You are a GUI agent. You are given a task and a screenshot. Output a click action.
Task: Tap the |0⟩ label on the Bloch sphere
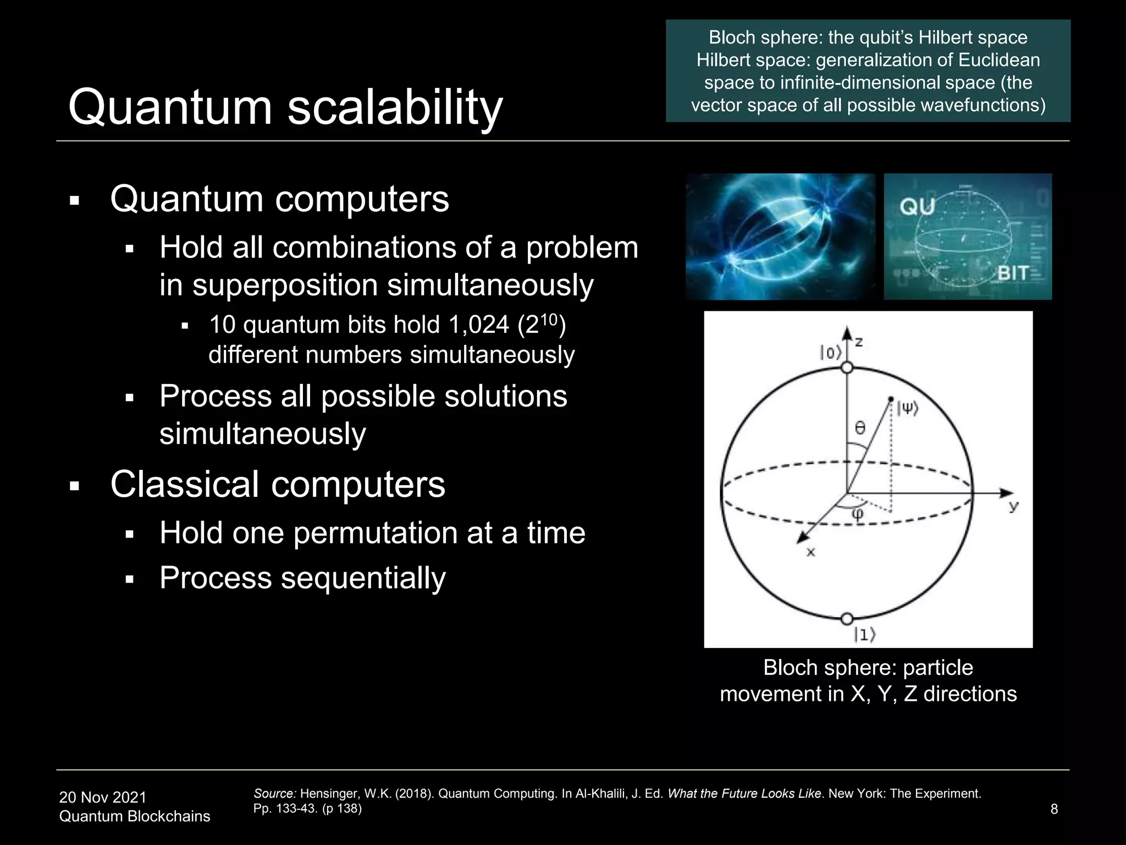(830, 353)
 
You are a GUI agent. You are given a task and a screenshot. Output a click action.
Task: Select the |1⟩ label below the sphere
(864, 635)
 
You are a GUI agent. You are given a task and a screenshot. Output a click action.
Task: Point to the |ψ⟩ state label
(907, 408)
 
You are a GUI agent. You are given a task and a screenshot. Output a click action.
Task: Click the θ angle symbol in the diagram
(860, 427)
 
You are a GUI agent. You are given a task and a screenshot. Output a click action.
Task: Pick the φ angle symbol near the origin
(858, 514)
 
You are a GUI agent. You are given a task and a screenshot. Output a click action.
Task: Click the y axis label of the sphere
(1014, 506)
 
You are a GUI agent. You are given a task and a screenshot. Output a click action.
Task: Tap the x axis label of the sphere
(810, 552)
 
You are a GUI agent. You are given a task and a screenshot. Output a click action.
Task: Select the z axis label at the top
(859, 342)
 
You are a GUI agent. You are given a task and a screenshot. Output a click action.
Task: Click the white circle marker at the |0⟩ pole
(847, 367)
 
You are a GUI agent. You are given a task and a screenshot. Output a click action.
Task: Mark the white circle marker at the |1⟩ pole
(847, 618)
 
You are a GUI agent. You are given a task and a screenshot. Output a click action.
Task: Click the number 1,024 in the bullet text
(478, 325)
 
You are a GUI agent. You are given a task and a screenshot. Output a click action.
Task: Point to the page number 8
(1053, 809)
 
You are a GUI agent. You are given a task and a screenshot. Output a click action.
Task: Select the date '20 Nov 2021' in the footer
(103, 797)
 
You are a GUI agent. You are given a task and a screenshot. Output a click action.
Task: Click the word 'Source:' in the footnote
(275, 793)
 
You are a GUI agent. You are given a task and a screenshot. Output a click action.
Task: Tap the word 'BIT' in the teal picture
(1013, 273)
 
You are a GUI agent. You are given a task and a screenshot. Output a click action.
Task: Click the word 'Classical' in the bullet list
(185, 485)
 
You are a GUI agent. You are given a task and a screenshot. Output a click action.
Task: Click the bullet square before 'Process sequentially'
(130, 579)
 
